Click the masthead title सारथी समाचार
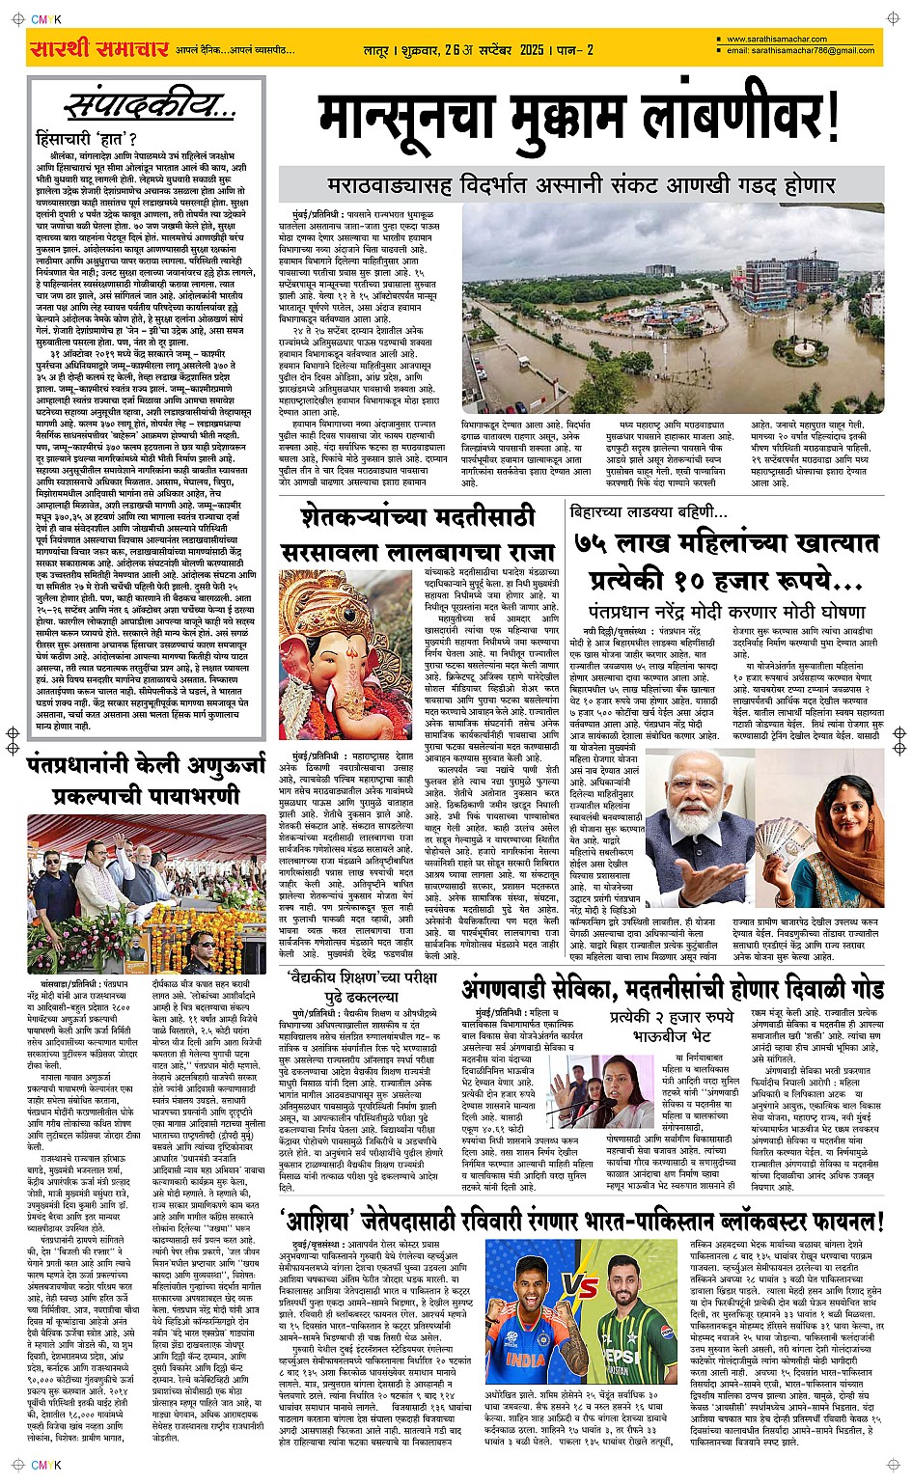pyautogui.click(x=99, y=48)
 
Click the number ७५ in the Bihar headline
pyautogui.click(x=595, y=543)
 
